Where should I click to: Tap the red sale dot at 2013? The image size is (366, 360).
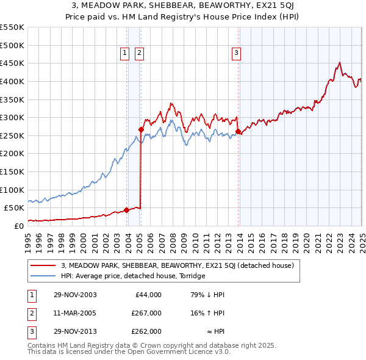coord(238,131)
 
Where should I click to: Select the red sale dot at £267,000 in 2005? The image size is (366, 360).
coord(141,129)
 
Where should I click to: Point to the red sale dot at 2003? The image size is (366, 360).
coord(126,210)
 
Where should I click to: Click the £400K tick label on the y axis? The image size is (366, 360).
coord(12,81)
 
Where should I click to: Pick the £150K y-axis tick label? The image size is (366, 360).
coord(12,171)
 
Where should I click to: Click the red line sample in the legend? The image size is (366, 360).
coord(42,265)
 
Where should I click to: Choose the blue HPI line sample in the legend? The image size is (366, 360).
coord(42,276)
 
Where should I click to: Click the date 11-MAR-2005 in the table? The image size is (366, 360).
coord(74,313)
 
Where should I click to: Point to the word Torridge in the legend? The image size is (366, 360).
coord(192,276)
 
